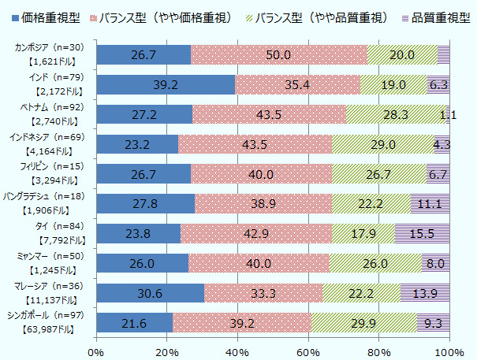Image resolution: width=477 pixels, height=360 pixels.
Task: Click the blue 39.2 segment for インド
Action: (x=166, y=84)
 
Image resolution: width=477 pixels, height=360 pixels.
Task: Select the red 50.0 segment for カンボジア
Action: (x=279, y=54)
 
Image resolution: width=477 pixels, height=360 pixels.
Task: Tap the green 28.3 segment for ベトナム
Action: (x=397, y=114)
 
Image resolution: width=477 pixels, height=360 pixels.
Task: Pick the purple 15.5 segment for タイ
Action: (x=422, y=233)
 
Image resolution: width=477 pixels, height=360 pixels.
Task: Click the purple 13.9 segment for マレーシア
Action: (x=425, y=293)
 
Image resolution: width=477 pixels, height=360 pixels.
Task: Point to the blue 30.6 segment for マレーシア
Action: (x=150, y=293)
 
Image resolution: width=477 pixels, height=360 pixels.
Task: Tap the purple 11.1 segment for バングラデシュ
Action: (x=430, y=203)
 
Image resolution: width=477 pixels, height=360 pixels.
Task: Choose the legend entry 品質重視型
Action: (x=437, y=16)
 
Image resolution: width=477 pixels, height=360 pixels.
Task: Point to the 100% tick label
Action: (x=449, y=350)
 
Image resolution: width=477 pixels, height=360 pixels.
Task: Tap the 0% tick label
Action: (x=96, y=350)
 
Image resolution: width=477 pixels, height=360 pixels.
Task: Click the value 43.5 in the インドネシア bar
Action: (x=255, y=144)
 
